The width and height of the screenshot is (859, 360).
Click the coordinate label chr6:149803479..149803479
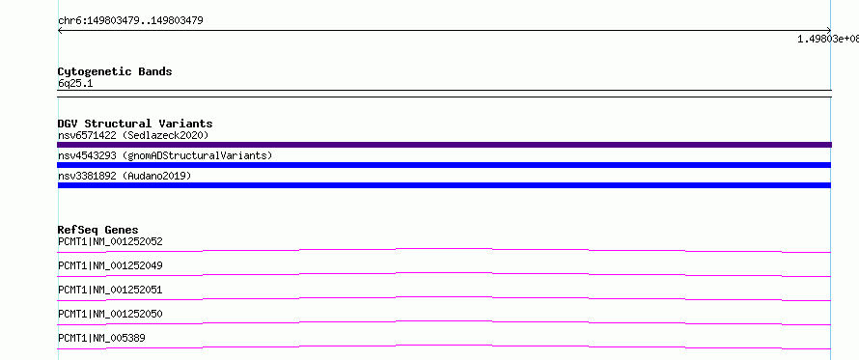click(x=130, y=21)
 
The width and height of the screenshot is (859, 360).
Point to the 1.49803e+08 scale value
click(x=828, y=39)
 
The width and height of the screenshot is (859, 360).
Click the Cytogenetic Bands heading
click(x=115, y=71)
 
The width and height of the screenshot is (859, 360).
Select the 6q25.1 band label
click(x=75, y=84)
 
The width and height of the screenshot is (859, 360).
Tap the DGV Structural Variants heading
click(x=135, y=124)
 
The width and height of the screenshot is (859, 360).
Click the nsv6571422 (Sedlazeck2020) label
click(x=133, y=135)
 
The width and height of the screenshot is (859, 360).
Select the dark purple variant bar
click(x=444, y=145)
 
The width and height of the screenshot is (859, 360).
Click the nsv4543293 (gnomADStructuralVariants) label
click(x=165, y=155)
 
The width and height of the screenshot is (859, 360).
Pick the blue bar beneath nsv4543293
click(x=444, y=165)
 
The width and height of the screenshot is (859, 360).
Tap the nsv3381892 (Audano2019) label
click(x=125, y=176)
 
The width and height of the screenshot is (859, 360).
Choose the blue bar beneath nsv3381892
click(x=444, y=185)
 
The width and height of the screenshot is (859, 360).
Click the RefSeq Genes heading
click(x=98, y=230)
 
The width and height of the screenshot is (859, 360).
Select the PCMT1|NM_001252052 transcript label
click(x=110, y=241)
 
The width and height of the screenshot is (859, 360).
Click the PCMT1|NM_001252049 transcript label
click(x=110, y=265)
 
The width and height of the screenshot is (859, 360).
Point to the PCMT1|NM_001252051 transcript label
click(x=110, y=290)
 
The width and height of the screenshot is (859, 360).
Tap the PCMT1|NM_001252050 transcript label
click(x=110, y=314)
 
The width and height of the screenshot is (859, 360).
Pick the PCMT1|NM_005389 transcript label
click(x=101, y=338)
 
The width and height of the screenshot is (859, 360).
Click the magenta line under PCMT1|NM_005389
click(x=444, y=346)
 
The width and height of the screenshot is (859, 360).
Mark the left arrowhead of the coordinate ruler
click(x=59, y=31)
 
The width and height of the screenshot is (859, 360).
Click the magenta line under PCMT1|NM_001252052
click(x=444, y=249)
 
